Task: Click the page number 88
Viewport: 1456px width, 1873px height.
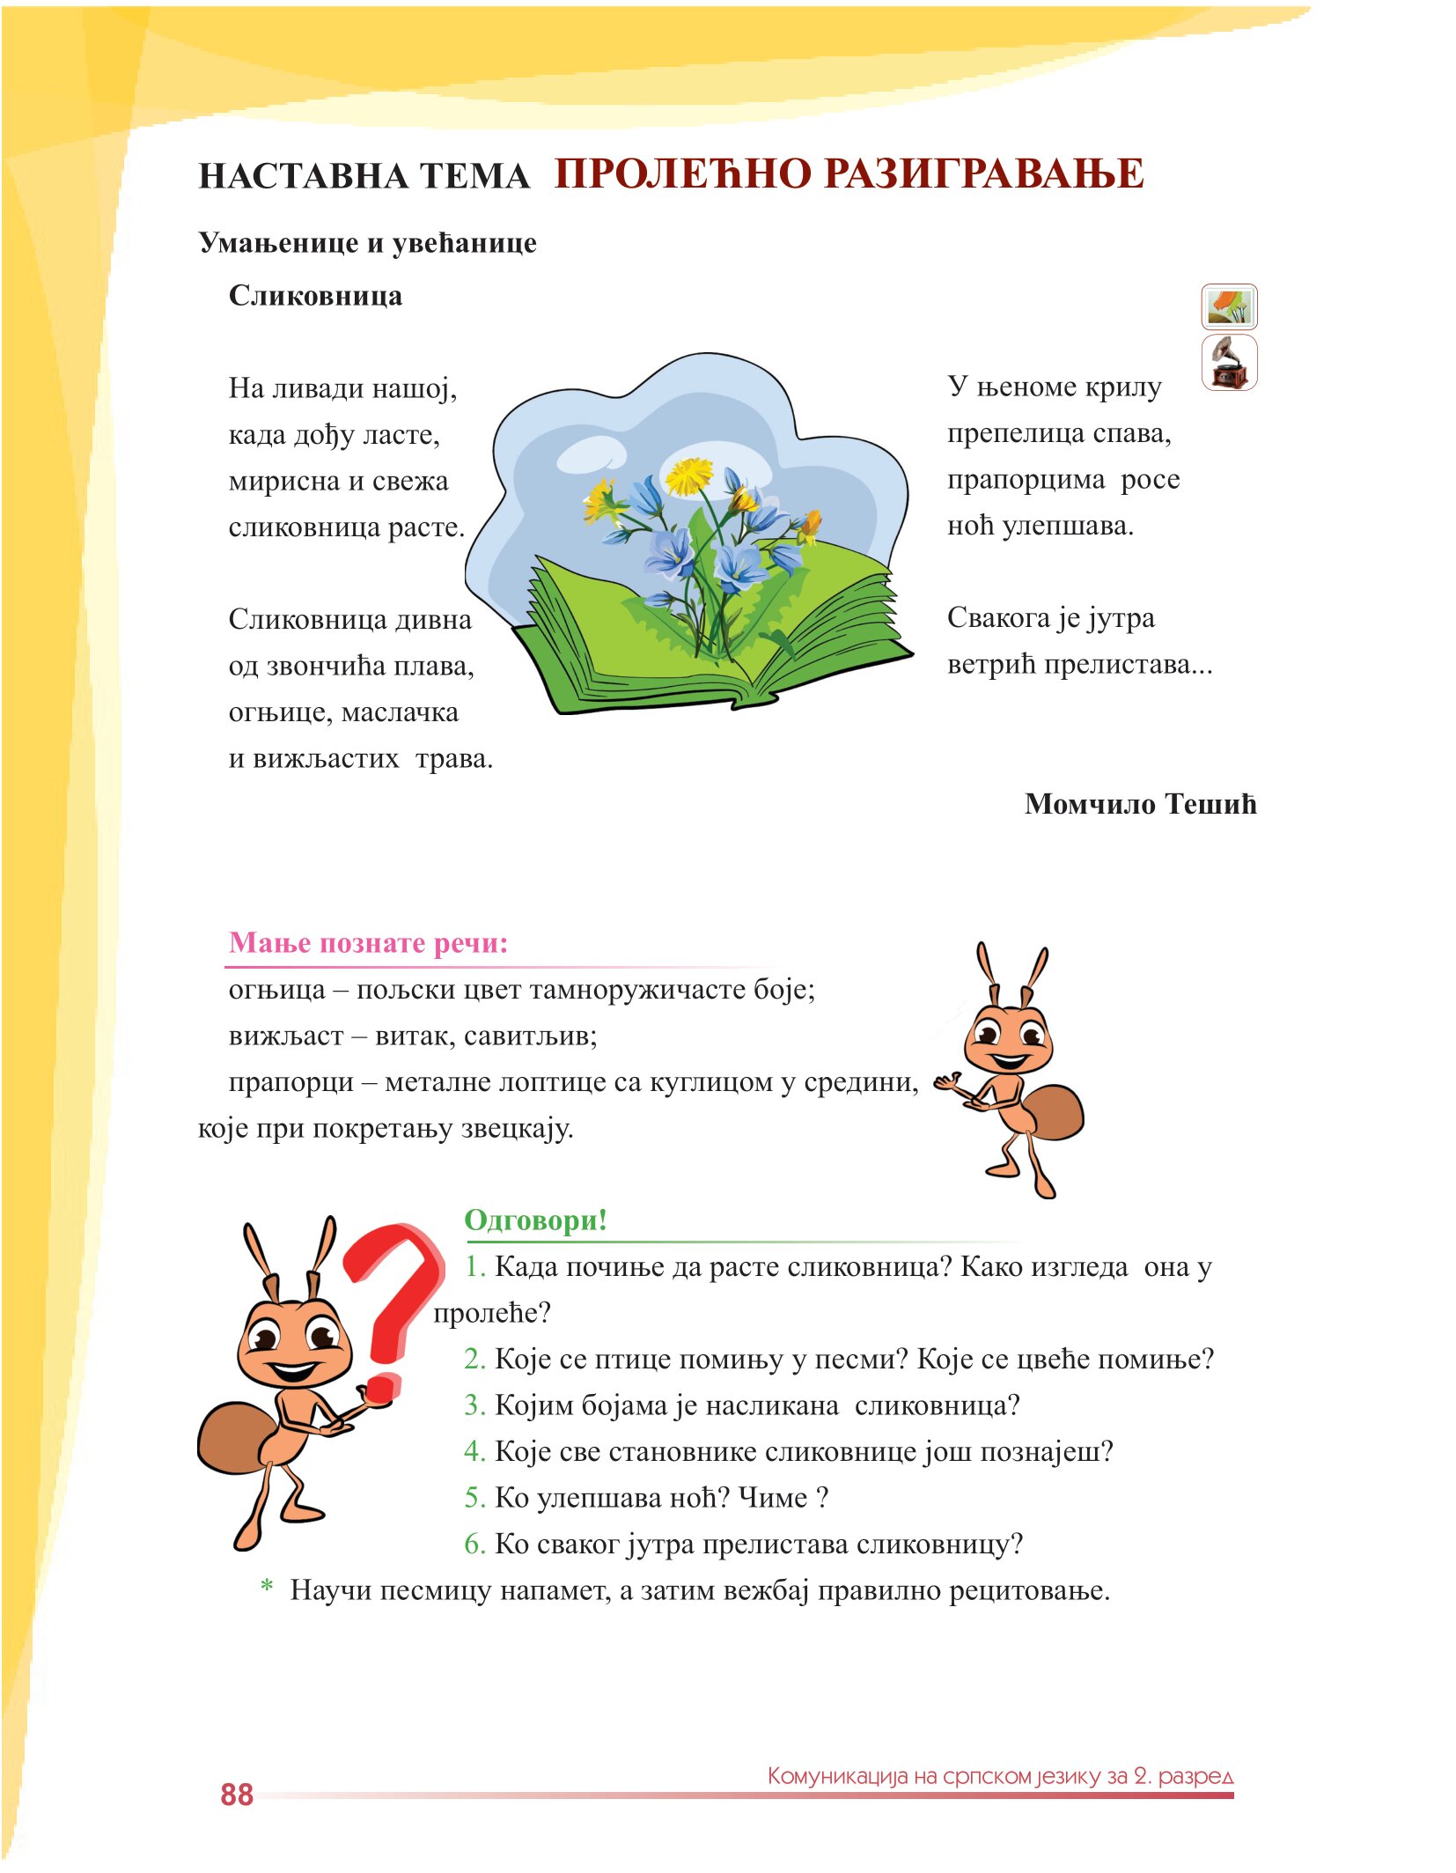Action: point(236,1795)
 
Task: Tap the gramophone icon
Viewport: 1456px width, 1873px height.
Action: point(1229,363)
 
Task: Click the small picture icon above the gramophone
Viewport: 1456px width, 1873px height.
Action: point(1229,306)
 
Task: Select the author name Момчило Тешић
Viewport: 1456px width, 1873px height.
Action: point(1140,804)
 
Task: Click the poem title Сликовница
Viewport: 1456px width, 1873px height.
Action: point(315,296)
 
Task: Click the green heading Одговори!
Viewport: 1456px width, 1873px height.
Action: point(535,1220)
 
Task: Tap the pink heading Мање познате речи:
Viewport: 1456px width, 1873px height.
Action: point(368,943)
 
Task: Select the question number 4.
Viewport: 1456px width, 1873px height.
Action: point(474,1451)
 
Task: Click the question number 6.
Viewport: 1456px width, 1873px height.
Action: point(474,1544)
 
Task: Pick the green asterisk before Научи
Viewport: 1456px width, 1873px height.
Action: point(267,1589)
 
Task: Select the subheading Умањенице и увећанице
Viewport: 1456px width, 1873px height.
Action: point(367,243)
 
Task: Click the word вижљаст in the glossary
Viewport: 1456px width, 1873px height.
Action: point(285,1036)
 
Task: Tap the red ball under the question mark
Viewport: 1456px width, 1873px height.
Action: point(382,1389)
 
